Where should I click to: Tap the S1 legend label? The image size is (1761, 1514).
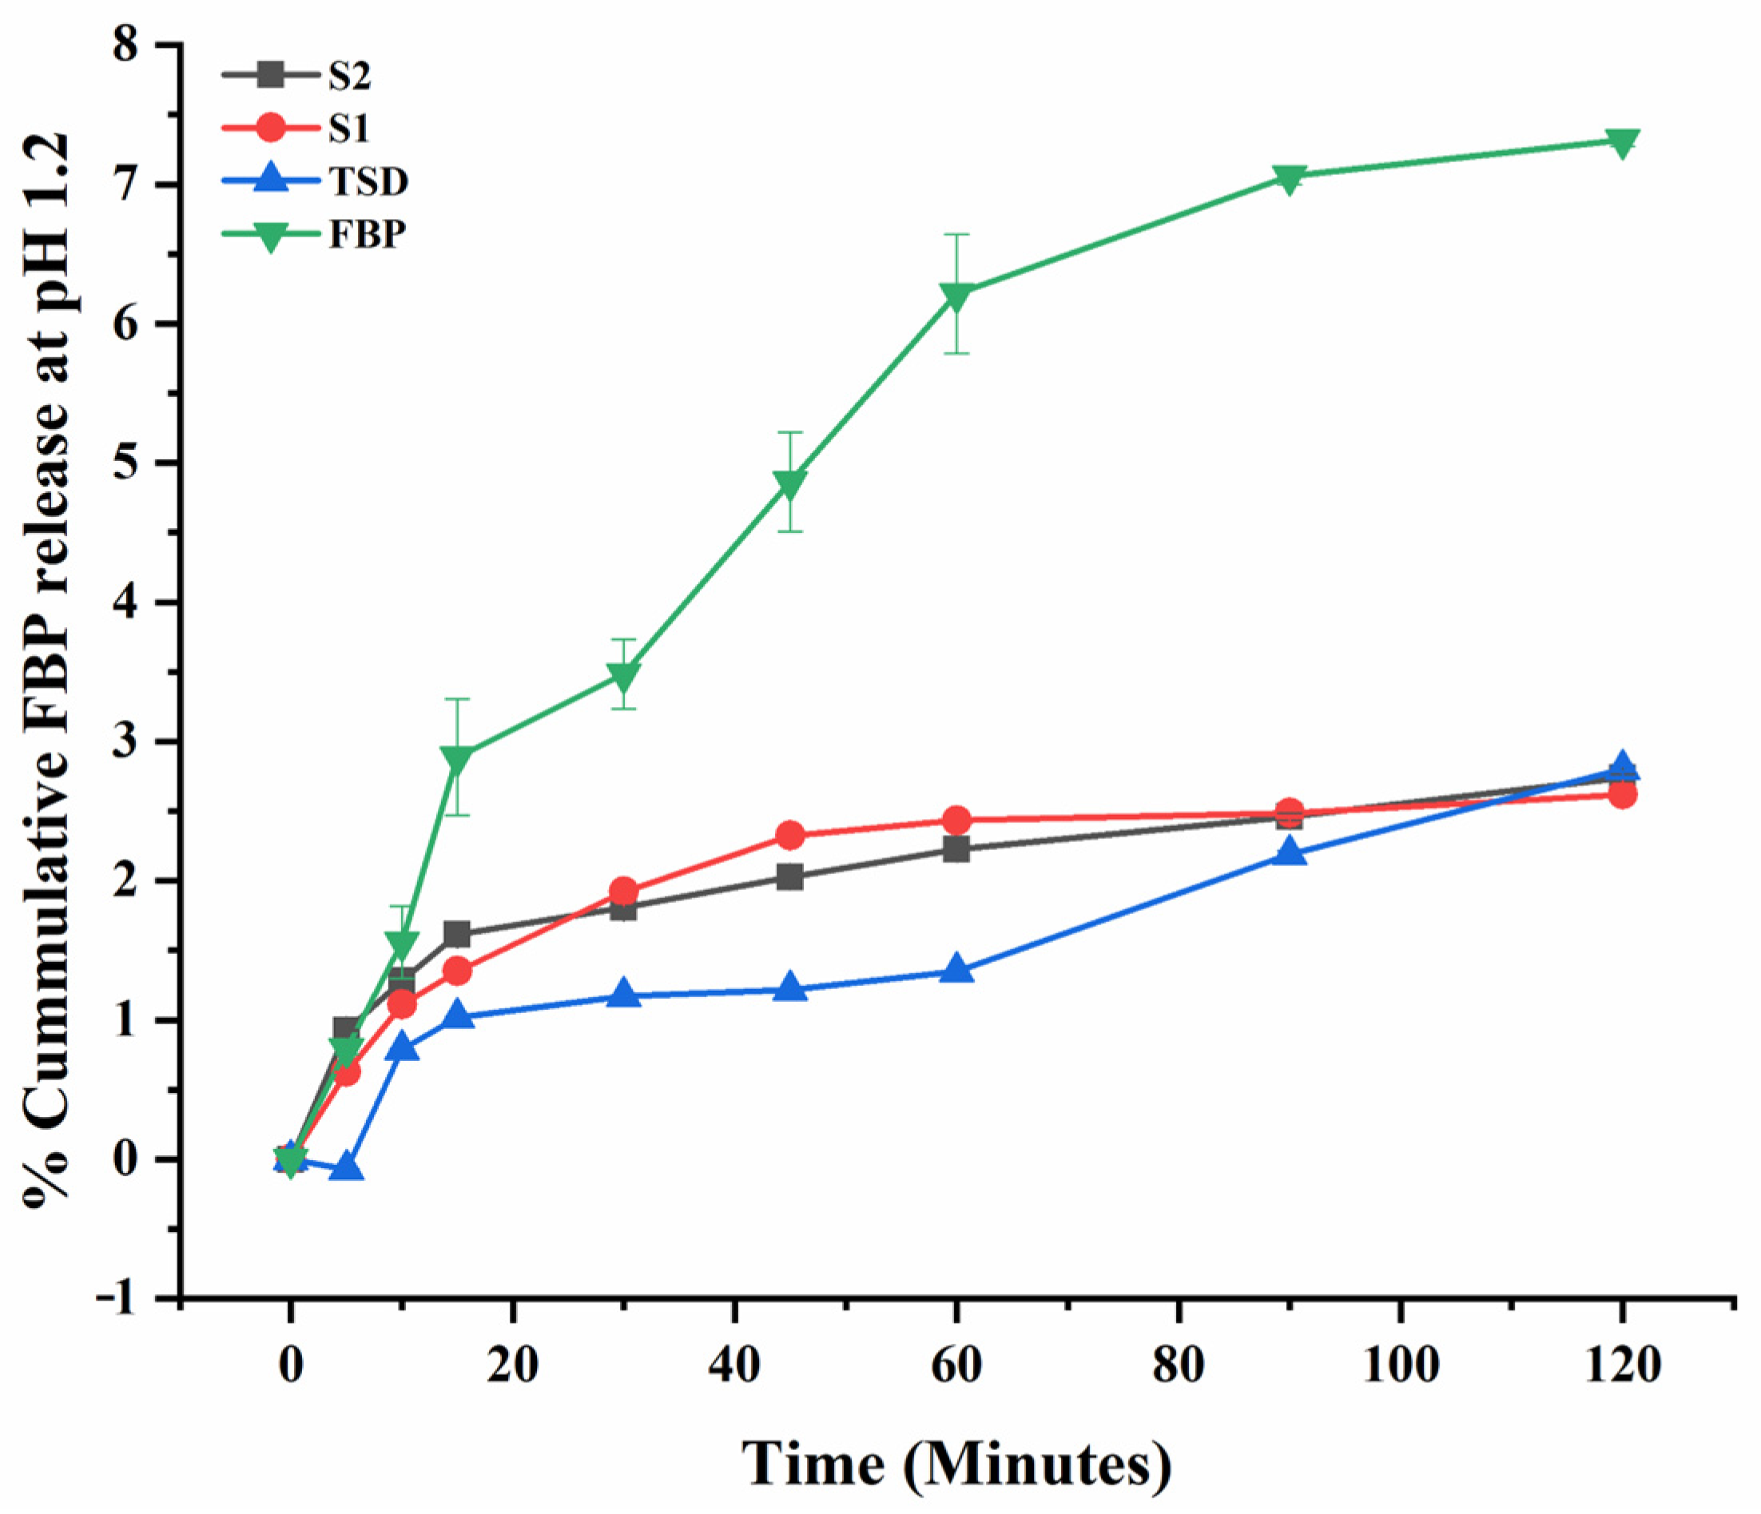coord(349,129)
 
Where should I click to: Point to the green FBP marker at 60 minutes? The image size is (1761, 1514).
coord(956,295)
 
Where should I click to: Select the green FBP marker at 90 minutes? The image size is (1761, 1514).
coord(1290,178)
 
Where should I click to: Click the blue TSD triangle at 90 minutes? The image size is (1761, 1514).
coord(1290,852)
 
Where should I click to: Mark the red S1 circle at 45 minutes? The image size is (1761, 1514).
coord(790,835)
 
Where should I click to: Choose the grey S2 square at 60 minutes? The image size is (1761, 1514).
coord(956,848)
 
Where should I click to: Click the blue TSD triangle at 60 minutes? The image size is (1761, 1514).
coord(956,968)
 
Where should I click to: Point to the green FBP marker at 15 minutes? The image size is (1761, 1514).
coord(457,758)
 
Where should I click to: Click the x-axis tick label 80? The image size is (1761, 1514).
coord(1178,1366)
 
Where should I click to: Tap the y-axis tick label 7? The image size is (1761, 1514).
coord(129,185)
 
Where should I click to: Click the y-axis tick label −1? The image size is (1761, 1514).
coord(119,1298)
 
